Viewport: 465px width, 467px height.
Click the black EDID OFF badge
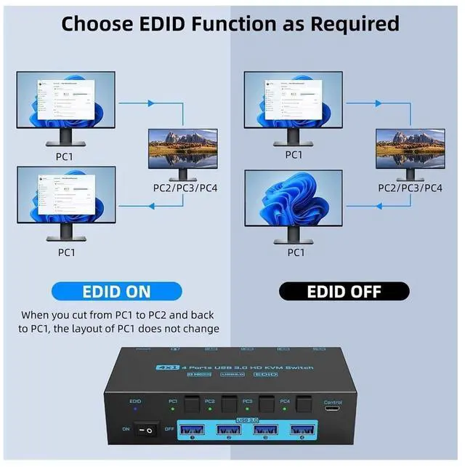[x=344, y=292]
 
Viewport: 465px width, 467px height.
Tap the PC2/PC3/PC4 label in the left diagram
[x=185, y=188]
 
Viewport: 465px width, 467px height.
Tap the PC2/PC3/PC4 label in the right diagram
[x=411, y=188]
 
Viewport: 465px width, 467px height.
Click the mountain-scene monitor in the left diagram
[x=183, y=148]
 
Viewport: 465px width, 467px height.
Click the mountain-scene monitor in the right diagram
[x=410, y=148]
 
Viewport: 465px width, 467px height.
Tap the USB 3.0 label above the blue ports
[x=247, y=420]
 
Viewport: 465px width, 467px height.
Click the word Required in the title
[x=355, y=23]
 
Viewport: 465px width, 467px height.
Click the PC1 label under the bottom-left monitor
[x=66, y=252]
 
